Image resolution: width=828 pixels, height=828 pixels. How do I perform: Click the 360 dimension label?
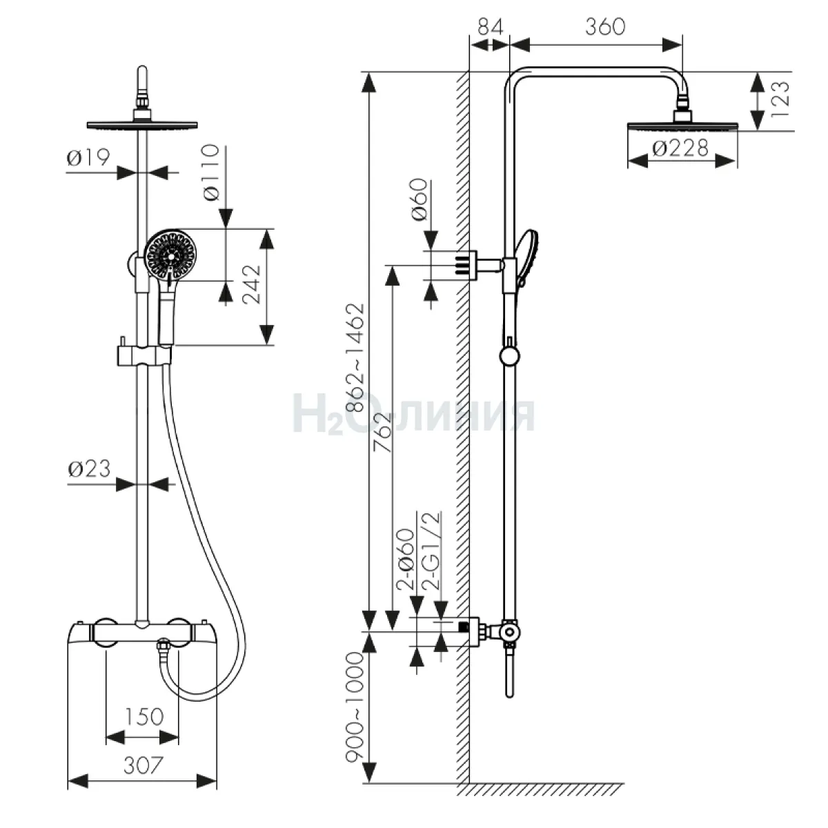coord(605,27)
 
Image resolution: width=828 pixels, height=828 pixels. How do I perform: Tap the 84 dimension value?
coord(490,27)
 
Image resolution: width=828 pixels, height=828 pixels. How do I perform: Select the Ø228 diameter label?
coord(680,148)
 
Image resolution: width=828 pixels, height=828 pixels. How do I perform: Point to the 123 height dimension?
coord(780,99)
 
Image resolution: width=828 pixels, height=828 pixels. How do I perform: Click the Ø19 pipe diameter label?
coord(88,157)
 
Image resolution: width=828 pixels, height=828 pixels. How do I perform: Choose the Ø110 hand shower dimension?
coord(211,172)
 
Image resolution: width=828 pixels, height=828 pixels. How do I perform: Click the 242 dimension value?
coord(252,284)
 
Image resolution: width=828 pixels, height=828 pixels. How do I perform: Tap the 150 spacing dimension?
coord(144,716)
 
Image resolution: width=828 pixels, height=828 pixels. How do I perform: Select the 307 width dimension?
coord(144,765)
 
